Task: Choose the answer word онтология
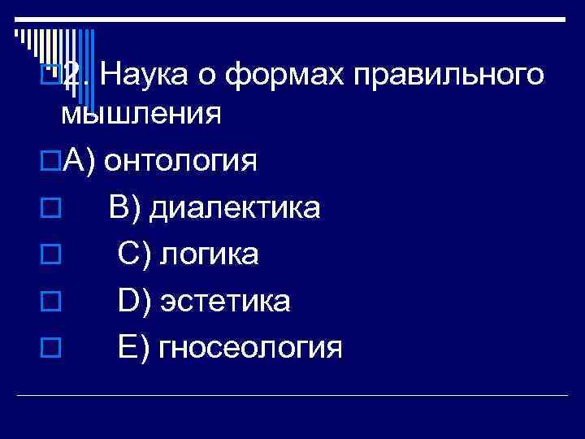[182, 161]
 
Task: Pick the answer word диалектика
[237, 208]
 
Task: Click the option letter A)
[80, 161]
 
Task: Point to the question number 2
[75, 76]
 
